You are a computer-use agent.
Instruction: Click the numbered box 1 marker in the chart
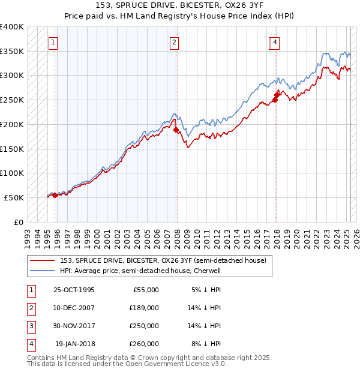53,42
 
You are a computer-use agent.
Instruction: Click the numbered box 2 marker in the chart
173,42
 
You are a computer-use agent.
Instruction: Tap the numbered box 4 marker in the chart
274,42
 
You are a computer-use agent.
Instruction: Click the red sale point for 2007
176,130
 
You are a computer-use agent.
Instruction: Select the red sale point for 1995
55,195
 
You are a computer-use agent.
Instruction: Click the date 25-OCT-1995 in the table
74,290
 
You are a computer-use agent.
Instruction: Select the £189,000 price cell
144,308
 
